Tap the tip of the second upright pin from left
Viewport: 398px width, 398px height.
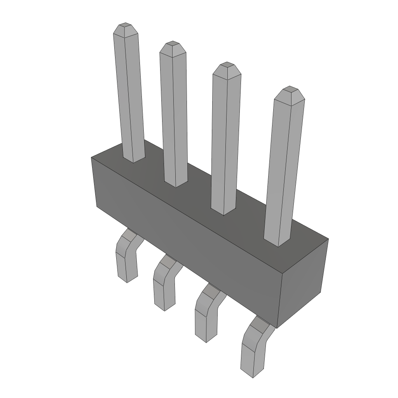(x=172, y=46)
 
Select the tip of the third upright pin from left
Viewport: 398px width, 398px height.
(x=226, y=67)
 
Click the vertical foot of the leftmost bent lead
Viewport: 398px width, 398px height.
(x=127, y=266)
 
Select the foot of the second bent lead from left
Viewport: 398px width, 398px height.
(x=164, y=295)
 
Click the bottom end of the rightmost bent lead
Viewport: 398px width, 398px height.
(x=252, y=371)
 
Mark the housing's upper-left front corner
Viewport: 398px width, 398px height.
(x=92, y=158)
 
